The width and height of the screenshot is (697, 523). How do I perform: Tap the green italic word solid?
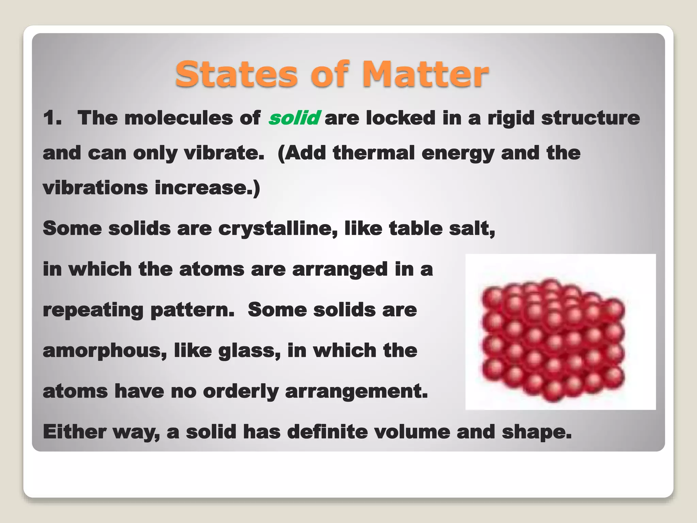294,118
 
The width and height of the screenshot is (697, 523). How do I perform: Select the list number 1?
52,118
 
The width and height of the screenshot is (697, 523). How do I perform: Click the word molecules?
179,118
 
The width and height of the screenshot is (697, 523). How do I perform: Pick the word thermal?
374,153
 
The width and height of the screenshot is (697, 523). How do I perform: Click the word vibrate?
224,153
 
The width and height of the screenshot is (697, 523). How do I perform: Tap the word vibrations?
95,188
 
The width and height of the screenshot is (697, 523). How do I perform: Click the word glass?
249,351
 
